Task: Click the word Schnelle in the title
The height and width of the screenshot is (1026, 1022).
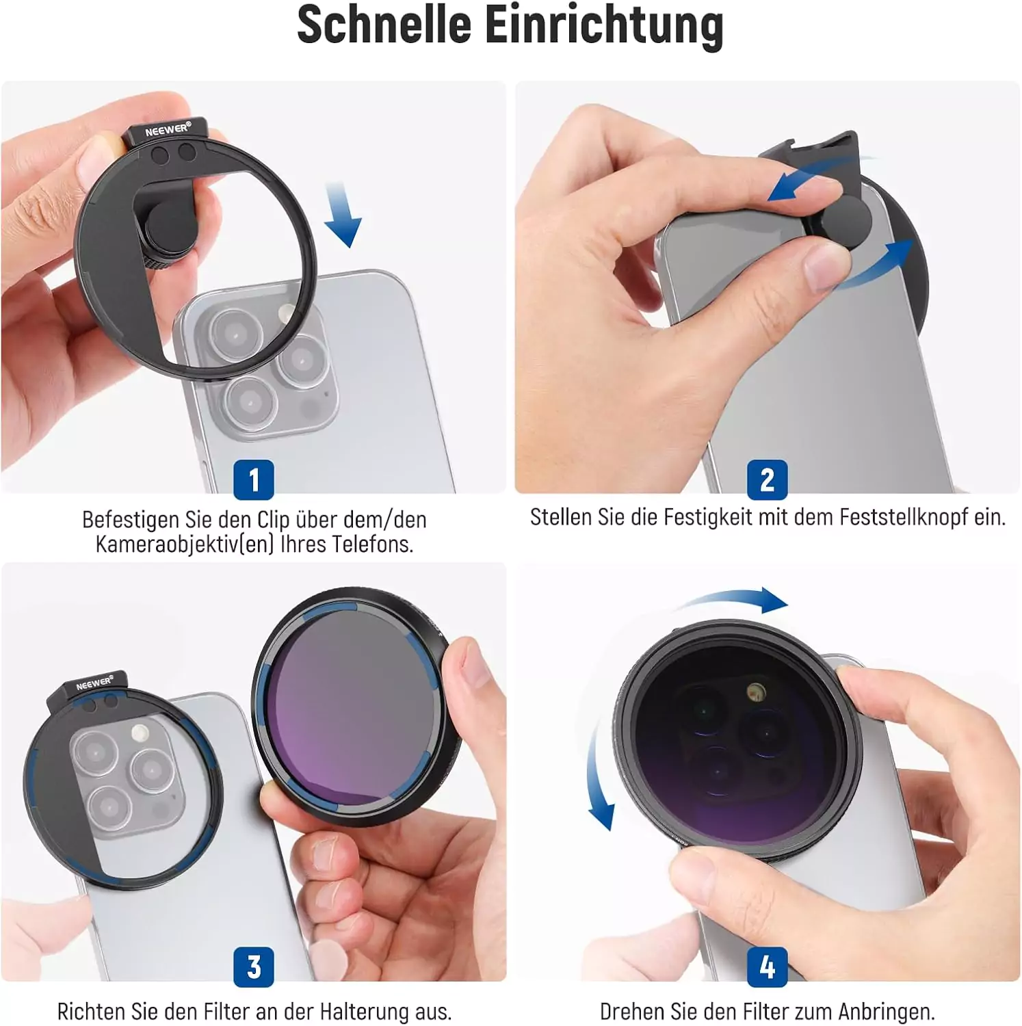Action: tap(384, 25)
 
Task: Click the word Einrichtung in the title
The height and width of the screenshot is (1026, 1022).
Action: tap(605, 27)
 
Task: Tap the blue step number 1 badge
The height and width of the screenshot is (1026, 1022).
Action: tap(254, 479)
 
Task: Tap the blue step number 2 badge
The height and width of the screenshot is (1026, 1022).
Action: tap(767, 479)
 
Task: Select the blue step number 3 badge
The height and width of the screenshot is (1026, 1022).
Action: tap(254, 966)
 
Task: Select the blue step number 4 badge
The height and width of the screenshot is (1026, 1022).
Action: tap(767, 966)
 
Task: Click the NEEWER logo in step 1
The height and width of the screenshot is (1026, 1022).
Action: tap(168, 129)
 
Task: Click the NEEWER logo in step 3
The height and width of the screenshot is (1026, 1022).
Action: tap(94, 683)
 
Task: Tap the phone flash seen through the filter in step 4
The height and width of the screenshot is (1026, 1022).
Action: tap(755, 692)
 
